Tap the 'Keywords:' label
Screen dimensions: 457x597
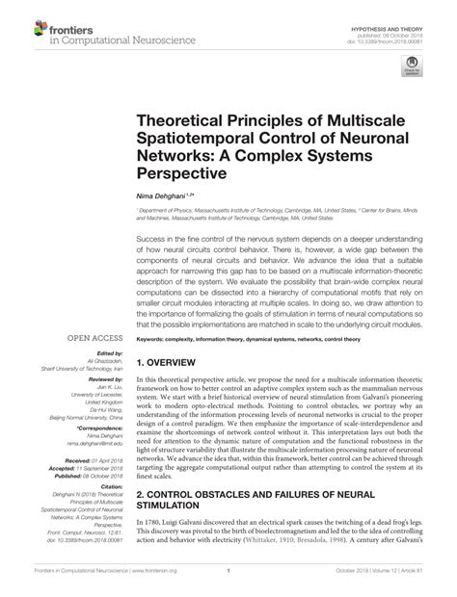(x=153, y=339)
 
